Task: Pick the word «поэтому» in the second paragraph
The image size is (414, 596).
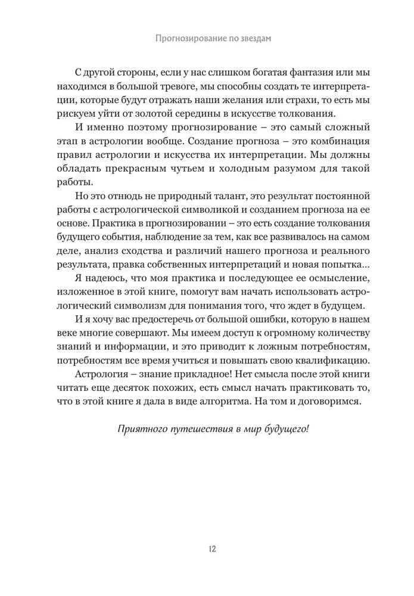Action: (x=156, y=129)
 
